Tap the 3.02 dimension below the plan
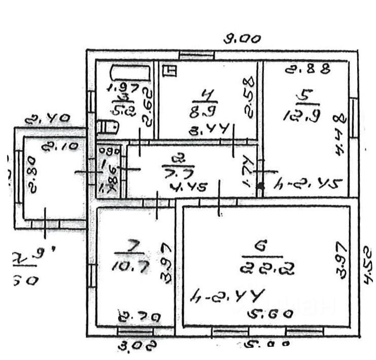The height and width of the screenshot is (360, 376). tap(131, 346)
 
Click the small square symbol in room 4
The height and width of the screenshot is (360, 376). tap(170, 71)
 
